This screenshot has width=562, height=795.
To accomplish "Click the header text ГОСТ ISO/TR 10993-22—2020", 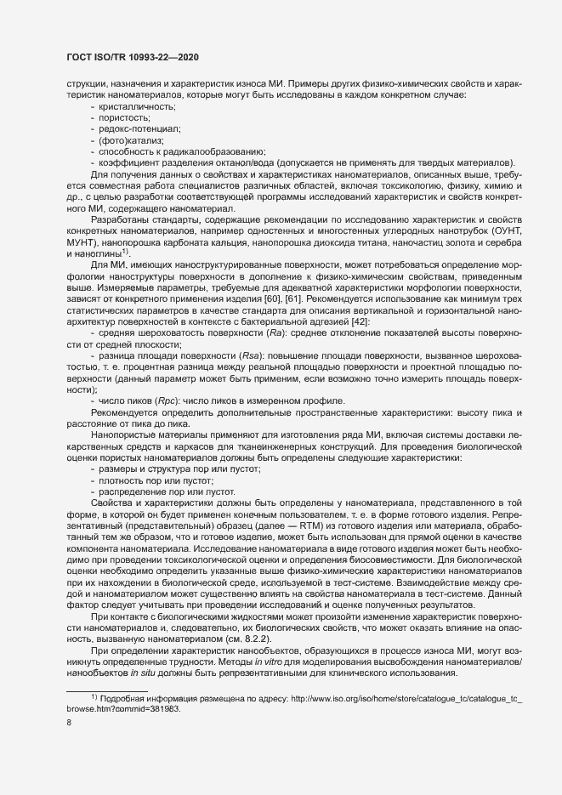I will tap(128, 56).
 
